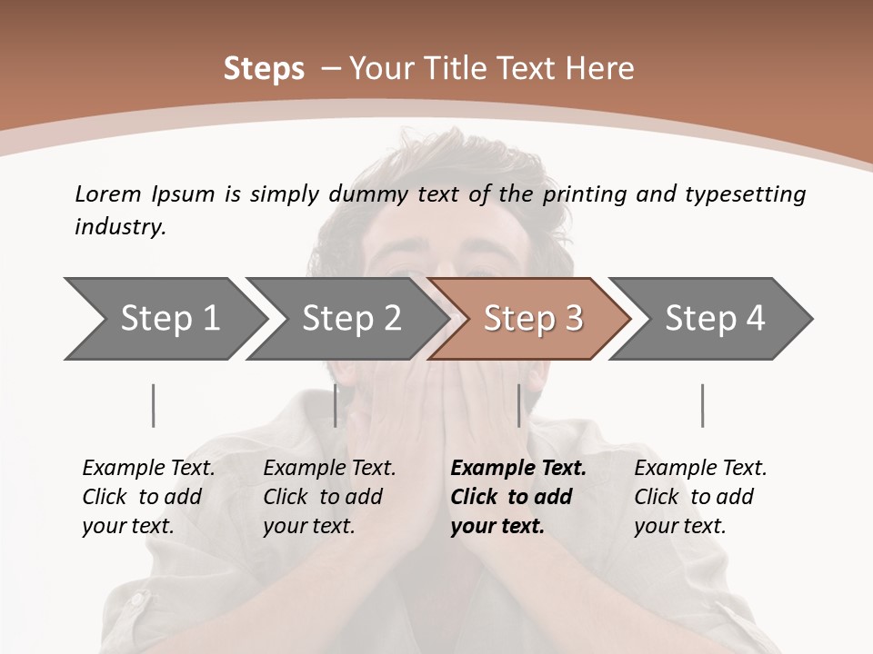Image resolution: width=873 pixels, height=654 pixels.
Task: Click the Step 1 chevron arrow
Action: [x=168, y=319]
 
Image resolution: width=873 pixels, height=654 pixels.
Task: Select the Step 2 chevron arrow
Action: [x=350, y=319]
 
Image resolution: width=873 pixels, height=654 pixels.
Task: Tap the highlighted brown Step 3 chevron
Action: [x=532, y=319]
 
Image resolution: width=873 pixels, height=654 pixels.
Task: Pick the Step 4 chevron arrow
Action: [x=714, y=319]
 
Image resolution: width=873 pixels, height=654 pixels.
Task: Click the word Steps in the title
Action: [x=264, y=69]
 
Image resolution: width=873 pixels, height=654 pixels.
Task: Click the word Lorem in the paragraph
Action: [x=108, y=193]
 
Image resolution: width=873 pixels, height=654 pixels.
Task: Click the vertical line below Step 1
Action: [x=154, y=405]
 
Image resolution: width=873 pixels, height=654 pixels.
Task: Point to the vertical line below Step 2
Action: [x=336, y=405]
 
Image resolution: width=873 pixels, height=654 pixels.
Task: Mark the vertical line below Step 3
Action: [x=519, y=405]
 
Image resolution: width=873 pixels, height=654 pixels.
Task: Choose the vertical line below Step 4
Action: [x=703, y=405]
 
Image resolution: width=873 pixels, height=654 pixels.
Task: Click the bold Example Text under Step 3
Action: [x=518, y=469]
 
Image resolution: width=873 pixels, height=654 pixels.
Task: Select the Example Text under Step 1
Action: [x=148, y=469]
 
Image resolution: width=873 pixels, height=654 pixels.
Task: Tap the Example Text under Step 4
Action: [x=700, y=469]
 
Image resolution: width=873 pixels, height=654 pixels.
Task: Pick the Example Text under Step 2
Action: [x=329, y=469]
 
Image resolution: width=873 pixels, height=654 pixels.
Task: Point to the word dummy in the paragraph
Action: [x=376, y=194]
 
